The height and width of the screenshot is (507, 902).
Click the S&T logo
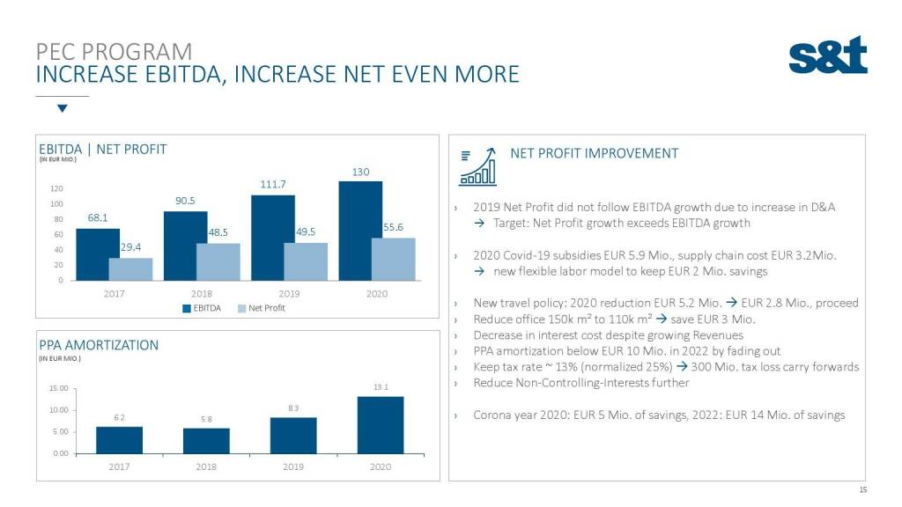point(827,55)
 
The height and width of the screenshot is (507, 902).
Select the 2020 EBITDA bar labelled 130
point(360,231)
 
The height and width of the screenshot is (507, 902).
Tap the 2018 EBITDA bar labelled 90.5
point(185,246)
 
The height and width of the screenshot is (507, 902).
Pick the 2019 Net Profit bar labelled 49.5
point(305,261)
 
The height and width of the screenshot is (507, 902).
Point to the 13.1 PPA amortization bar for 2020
point(381,425)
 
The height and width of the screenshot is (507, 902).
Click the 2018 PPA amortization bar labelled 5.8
point(205,441)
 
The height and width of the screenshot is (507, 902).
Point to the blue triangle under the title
point(62,109)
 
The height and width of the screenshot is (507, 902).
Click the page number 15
point(862,489)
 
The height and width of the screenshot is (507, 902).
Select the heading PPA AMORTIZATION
point(99,345)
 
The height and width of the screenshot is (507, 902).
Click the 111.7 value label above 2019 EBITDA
point(273,184)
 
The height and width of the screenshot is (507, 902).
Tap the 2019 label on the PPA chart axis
point(293,467)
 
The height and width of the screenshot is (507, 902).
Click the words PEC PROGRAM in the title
point(114,51)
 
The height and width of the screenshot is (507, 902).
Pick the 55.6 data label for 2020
point(394,227)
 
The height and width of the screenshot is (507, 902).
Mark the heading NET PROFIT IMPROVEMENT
point(595,153)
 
